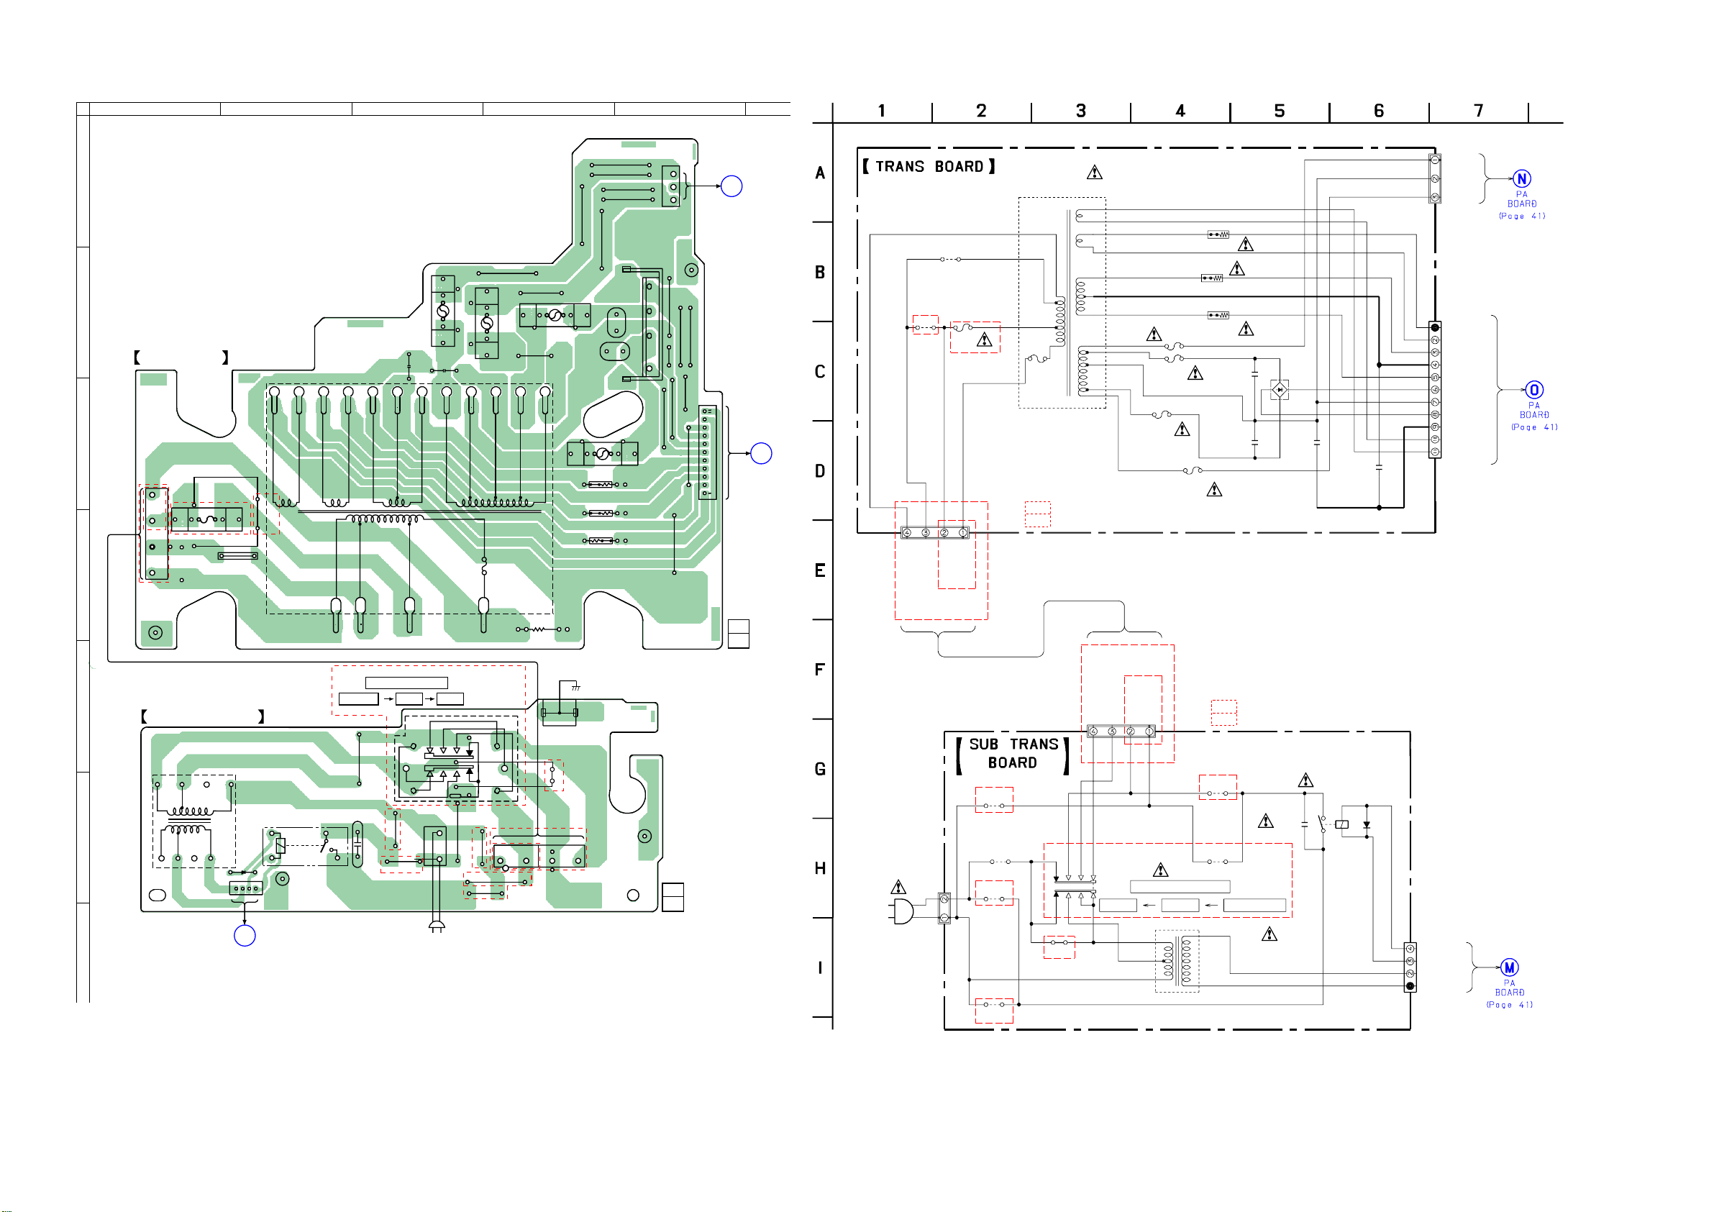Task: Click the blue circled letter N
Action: pyautogui.click(x=1521, y=178)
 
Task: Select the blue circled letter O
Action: pyautogui.click(x=1534, y=390)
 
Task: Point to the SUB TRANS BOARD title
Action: pyautogui.click(x=1013, y=754)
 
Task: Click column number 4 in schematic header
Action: pyautogui.click(x=1180, y=111)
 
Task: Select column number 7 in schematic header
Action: pyautogui.click(x=1478, y=111)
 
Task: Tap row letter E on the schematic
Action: pyautogui.click(x=820, y=570)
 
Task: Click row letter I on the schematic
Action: pyautogui.click(x=820, y=968)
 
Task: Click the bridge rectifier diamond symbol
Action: pyautogui.click(x=1280, y=390)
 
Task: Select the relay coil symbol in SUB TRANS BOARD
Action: pyautogui.click(x=1341, y=824)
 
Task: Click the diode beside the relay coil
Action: pyautogui.click(x=1367, y=825)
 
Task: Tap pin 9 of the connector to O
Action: pyautogui.click(x=1435, y=427)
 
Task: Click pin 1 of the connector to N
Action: pyautogui.click(x=1435, y=160)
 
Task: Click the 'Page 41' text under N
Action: pyautogui.click(x=1522, y=217)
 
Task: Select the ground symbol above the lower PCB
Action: pyautogui.click(x=575, y=687)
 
